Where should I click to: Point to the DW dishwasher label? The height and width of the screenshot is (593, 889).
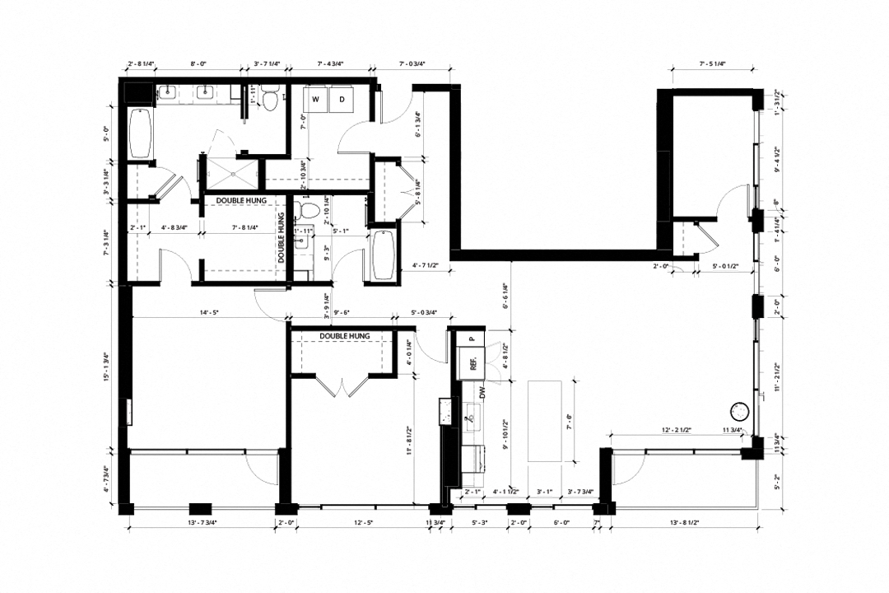[x=483, y=394]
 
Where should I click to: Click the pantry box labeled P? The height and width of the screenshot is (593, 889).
[x=472, y=338]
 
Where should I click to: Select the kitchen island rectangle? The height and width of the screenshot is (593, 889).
[x=544, y=420]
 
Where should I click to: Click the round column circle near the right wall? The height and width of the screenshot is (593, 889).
[x=738, y=411]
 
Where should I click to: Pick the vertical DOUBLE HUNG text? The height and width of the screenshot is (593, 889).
[x=282, y=238]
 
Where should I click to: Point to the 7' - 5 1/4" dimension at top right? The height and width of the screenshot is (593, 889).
[x=714, y=63]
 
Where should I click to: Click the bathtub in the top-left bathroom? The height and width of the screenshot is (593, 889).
[x=141, y=133]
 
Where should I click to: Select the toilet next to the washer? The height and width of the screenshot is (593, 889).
[x=270, y=99]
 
